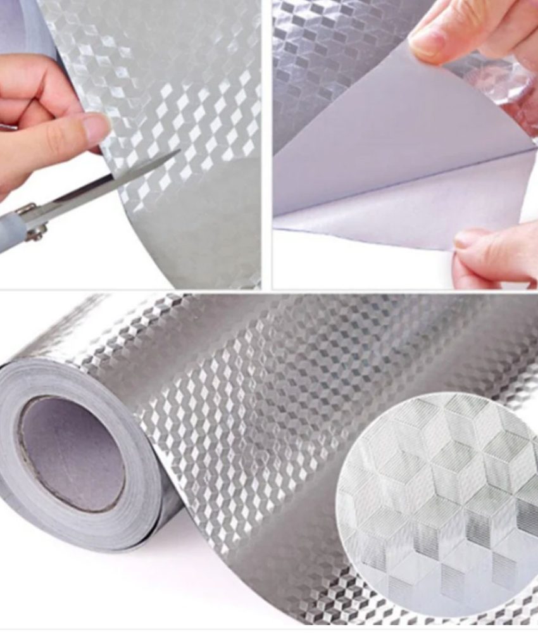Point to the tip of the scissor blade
tap(179, 151)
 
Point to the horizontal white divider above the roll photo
tap(269, 291)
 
